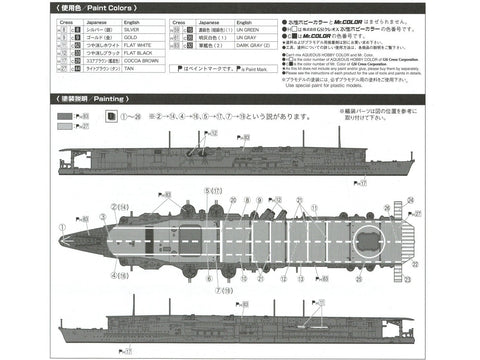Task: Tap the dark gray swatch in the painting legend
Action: (65, 118)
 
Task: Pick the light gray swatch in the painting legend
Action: (65, 129)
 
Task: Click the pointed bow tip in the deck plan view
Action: (61, 241)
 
